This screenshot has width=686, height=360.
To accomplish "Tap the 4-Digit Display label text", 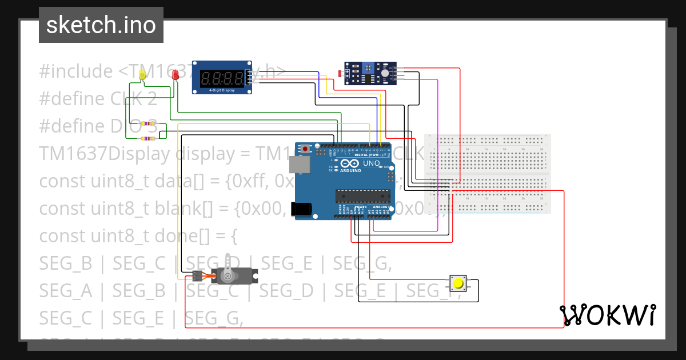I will tap(222, 90).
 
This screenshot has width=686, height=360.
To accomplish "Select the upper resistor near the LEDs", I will tap(150, 123).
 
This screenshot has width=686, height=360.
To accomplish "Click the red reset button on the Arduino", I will tap(306, 149).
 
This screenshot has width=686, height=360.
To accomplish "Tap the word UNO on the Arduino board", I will tap(372, 163).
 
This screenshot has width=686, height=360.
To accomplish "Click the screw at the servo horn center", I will tap(228, 277).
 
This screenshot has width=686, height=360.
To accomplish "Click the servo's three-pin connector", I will tap(197, 276).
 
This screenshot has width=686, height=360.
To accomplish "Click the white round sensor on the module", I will tap(386, 73).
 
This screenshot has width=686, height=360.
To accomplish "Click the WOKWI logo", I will tap(607, 315).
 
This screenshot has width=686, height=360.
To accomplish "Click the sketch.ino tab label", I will tap(101, 25).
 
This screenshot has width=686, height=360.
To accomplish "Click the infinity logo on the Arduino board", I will tap(347, 163).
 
